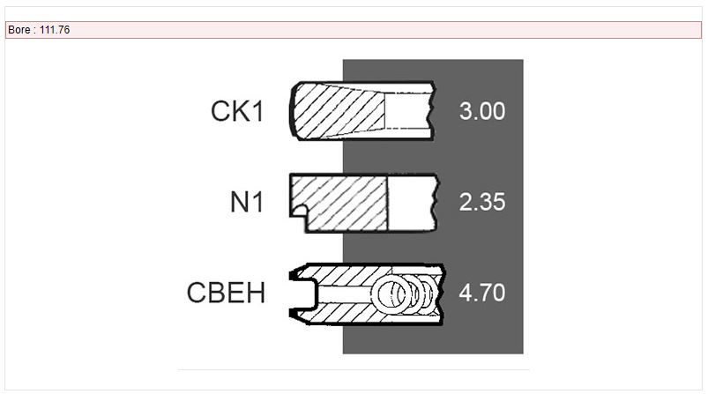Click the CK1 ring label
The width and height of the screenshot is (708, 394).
(x=237, y=111)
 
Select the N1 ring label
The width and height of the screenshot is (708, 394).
(x=247, y=202)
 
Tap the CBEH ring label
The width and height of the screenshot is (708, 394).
(x=226, y=293)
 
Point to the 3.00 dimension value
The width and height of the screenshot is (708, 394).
(x=481, y=111)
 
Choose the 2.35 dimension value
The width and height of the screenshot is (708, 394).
(x=481, y=202)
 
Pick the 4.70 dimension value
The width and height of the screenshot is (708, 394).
(x=481, y=293)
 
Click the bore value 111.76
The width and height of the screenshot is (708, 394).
(x=55, y=30)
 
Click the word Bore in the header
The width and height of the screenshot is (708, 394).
(x=19, y=30)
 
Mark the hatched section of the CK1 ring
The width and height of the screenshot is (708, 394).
(x=339, y=111)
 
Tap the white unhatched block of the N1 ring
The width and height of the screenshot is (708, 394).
(x=412, y=203)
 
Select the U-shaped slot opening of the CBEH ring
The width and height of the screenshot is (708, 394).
(x=305, y=294)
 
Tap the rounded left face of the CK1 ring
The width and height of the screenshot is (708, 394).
(x=291, y=111)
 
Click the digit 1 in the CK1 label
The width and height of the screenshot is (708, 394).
(x=258, y=111)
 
